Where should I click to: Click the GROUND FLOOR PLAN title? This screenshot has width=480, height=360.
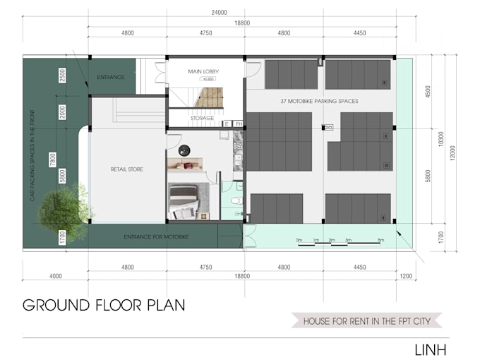click(104, 305)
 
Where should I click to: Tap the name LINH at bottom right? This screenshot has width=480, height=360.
click(430, 349)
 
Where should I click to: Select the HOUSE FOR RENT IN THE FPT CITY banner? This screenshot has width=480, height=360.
click(366, 321)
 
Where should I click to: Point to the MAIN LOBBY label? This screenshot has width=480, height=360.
click(204, 71)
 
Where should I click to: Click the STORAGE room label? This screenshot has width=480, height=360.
click(202, 118)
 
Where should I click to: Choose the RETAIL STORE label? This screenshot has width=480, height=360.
click(126, 169)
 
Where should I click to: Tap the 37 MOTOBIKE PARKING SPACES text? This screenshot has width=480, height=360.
click(319, 102)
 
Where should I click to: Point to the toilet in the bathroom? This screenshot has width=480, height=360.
click(236, 201)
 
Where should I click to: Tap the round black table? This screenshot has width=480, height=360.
click(185, 150)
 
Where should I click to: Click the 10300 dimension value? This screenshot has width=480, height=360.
click(441, 141)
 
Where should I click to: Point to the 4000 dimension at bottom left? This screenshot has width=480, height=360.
click(55, 276)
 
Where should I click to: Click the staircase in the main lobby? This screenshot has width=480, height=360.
click(209, 97)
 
